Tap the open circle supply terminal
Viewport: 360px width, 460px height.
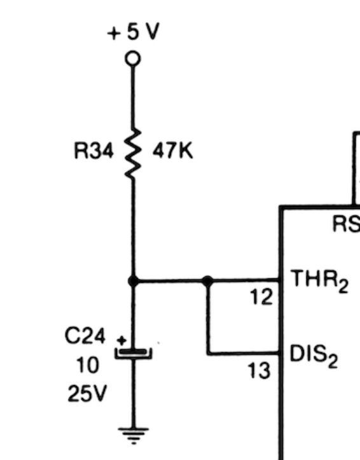tap(133, 58)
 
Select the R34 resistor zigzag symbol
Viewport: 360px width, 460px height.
tap(133, 153)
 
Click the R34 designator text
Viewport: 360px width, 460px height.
tap(93, 151)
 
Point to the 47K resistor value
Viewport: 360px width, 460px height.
tap(172, 151)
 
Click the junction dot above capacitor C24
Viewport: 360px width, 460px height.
tap(134, 281)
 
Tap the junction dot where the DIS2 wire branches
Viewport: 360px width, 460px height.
tap(207, 281)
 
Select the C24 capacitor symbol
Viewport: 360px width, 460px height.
tap(134, 353)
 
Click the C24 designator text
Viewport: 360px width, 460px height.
tap(85, 336)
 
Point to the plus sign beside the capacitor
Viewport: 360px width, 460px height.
tap(121, 341)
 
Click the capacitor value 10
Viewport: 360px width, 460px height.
tap(87, 365)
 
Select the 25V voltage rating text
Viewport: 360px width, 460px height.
tap(87, 393)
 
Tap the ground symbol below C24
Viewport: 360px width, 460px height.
tap(134, 436)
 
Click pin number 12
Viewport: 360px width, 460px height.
tap(261, 297)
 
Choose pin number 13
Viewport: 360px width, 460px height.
tap(259, 370)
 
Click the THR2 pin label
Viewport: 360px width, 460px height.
tap(319, 281)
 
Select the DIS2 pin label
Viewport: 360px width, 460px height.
tap(314, 356)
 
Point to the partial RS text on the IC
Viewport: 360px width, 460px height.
tap(346, 224)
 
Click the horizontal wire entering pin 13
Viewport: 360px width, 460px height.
tap(244, 353)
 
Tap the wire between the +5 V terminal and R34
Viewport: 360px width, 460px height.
tap(133, 97)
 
